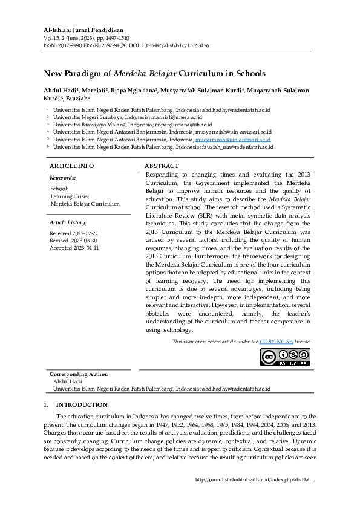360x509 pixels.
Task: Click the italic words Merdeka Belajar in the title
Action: tap(151, 74)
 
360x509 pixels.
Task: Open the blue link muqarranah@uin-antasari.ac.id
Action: tap(233, 139)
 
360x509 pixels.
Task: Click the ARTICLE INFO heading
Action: tap(71, 166)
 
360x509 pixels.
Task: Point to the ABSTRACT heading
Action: tap(162, 166)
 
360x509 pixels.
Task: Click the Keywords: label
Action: tap(62, 178)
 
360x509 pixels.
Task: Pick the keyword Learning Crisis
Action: tap(70, 196)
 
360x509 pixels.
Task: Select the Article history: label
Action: tap(68, 223)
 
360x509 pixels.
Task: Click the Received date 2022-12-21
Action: tap(85, 233)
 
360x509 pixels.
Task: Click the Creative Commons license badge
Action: tap(285, 357)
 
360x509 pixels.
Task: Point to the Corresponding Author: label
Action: tap(78, 374)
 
